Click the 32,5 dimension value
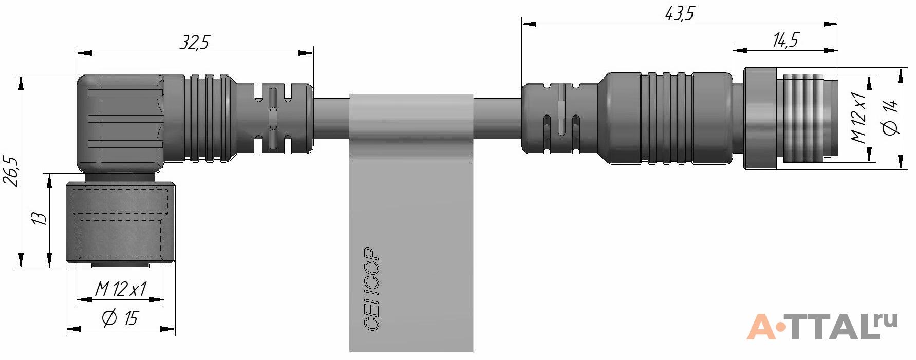(x=195, y=42)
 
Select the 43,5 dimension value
(x=680, y=13)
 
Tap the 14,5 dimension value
(x=786, y=40)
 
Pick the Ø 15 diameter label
(x=120, y=318)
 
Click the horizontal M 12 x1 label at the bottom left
(x=121, y=289)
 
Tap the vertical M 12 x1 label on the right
(x=858, y=117)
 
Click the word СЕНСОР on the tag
(x=371, y=289)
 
